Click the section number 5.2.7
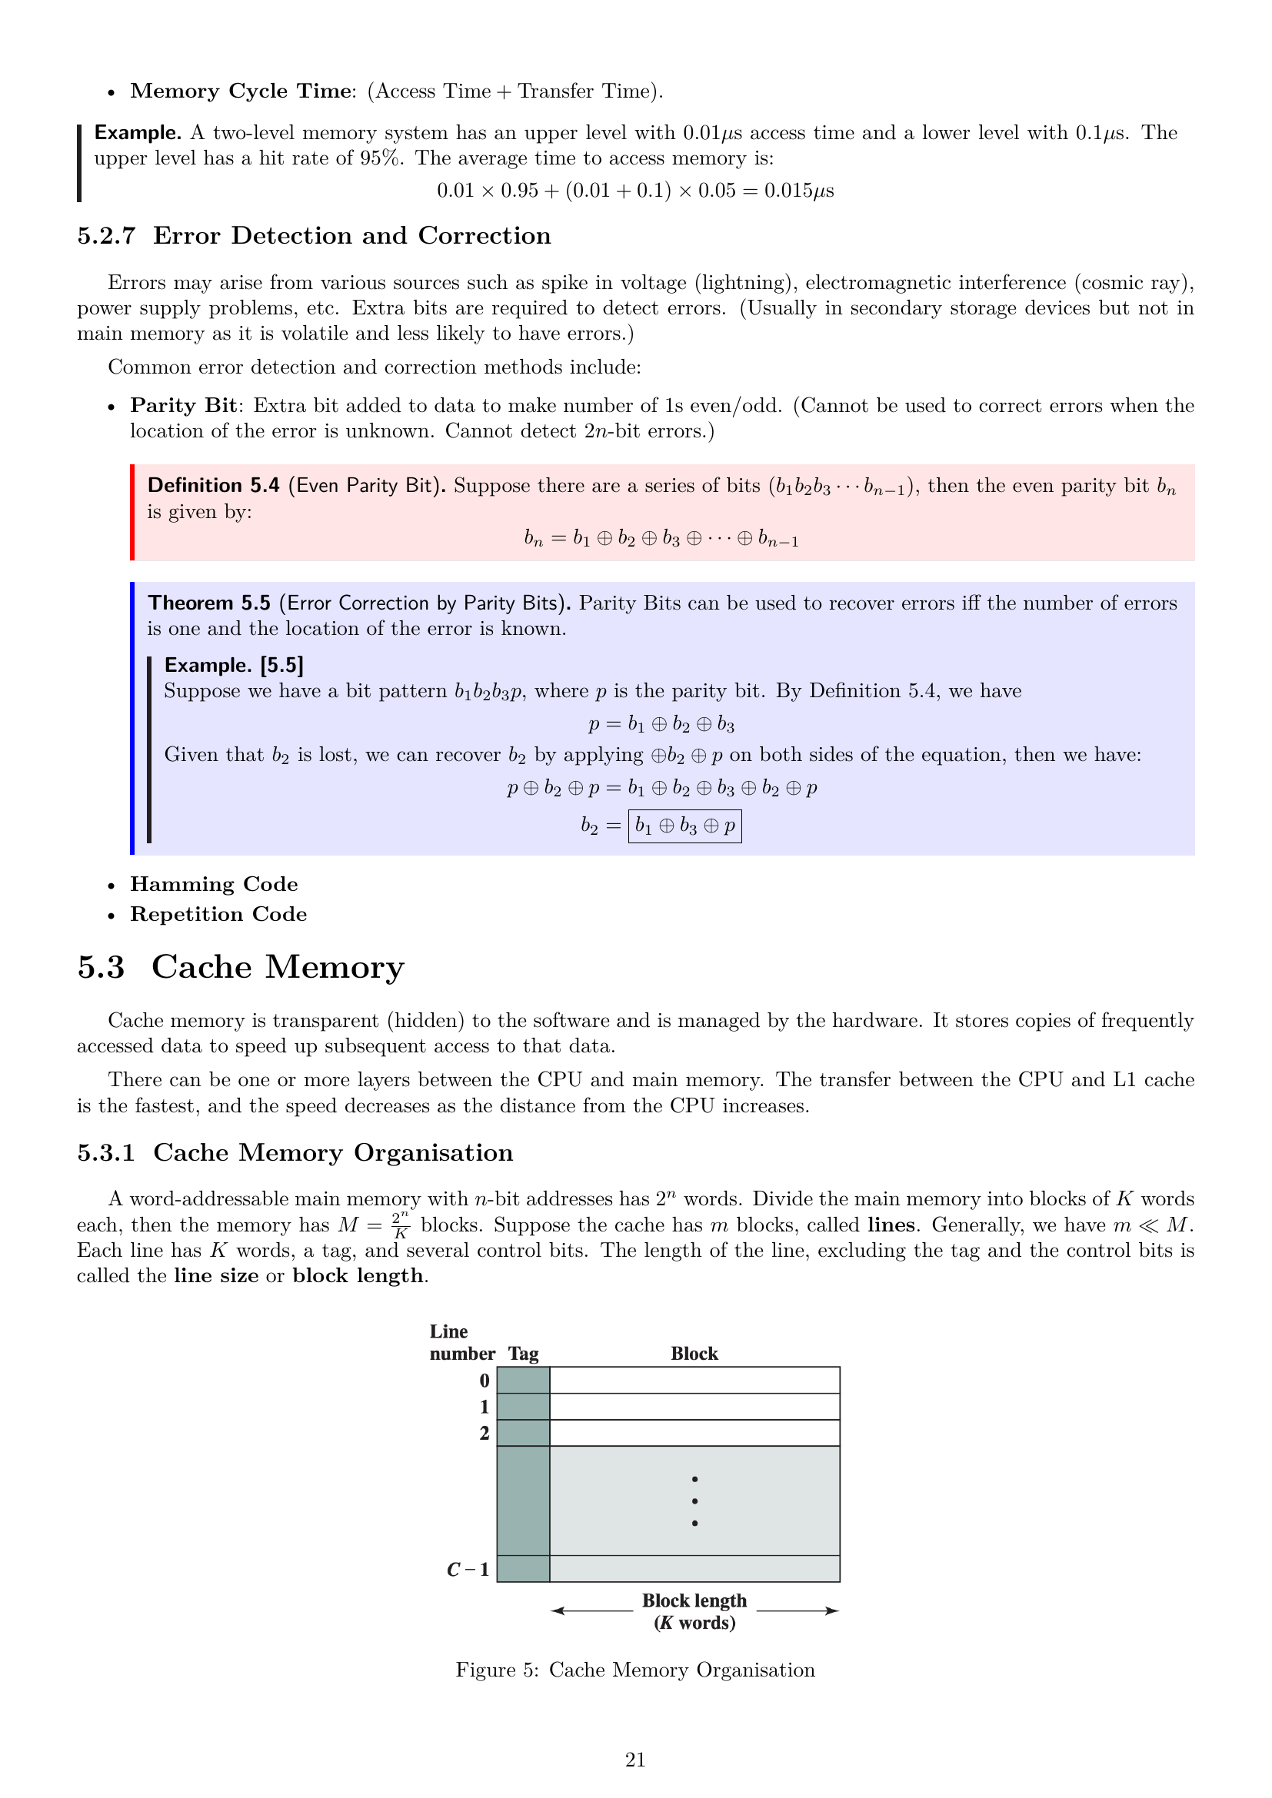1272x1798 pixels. (105, 236)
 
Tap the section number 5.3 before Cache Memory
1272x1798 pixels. (101, 967)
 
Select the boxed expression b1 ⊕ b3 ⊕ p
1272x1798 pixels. (684, 826)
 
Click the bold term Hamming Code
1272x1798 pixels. (214, 884)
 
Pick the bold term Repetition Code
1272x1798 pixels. (218, 914)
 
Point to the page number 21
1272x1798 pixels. (635, 1760)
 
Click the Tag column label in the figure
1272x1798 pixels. (523, 1353)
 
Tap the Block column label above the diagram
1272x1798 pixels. (694, 1353)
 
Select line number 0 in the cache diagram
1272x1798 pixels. (484, 1381)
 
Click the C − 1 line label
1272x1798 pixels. (468, 1570)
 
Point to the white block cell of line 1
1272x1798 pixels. (694, 1407)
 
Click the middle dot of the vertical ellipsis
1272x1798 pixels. (694, 1501)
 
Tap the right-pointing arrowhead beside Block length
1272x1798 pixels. (832, 1611)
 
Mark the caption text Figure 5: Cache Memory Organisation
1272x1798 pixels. (635, 1670)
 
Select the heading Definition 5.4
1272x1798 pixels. (213, 486)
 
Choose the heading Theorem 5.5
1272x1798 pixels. (209, 603)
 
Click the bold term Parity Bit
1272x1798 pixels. (183, 406)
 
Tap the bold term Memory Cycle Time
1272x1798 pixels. (241, 91)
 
